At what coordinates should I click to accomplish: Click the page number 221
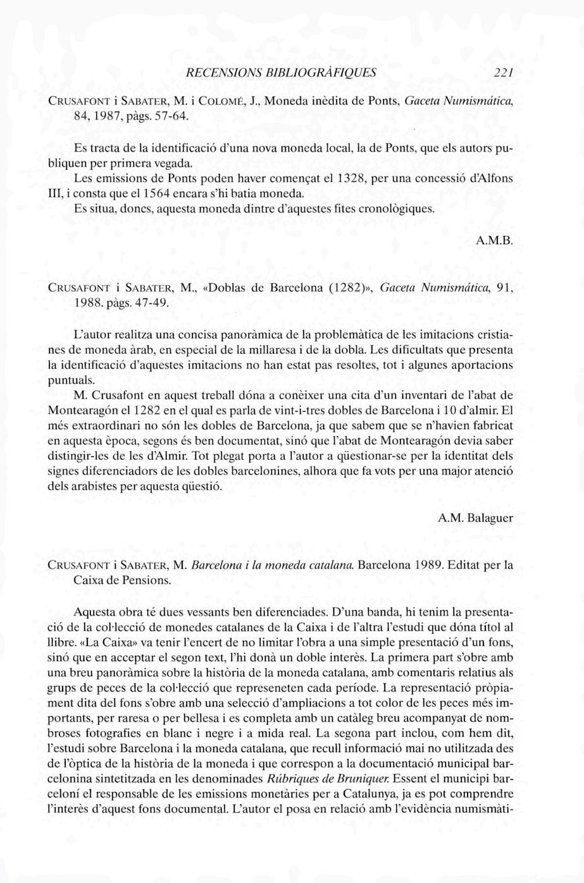coord(503,73)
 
